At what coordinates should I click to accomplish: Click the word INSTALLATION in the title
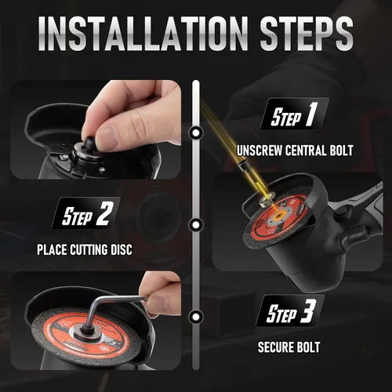click(143, 33)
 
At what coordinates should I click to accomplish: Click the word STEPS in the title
click(307, 33)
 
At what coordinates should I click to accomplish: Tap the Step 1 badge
click(295, 114)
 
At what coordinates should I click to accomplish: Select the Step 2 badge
click(86, 212)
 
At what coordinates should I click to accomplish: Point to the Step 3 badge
click(290, 310)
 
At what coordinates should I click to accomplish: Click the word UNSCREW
click(260, 151)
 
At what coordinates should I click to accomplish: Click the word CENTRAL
click(306, 151)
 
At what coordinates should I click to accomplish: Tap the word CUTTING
click(89, 249)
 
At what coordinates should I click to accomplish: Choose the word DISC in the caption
click(122, 249)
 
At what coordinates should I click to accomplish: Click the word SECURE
click(275, 347)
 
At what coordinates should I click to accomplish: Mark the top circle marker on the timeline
click(196, 132)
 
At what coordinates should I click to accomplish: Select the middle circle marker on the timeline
click(196, 224)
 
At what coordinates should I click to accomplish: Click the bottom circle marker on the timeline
click(196, 317)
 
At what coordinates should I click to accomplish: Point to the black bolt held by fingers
click(89, 143)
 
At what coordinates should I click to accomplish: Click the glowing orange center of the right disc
click(278, 215)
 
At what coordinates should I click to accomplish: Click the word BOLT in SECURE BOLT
click(307, 347)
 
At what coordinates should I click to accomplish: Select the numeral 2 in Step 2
click(104, 213)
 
